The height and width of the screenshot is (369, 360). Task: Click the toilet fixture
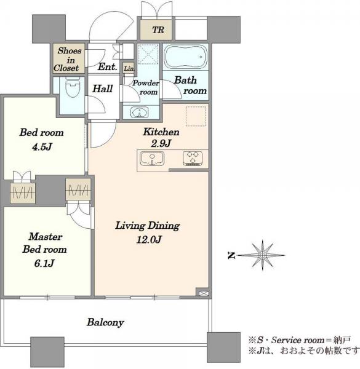73,87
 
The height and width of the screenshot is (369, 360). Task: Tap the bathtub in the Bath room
185,57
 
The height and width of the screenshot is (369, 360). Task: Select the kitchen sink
152,159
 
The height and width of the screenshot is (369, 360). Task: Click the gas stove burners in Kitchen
193,158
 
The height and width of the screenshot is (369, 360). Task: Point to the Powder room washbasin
140,112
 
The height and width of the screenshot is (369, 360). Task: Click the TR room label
158,30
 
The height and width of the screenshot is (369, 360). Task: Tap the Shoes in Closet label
68,59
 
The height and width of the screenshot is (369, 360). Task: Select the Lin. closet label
129,68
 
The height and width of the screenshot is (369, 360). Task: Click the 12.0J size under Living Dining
149,240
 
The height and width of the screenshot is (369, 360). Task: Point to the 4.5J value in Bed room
42,147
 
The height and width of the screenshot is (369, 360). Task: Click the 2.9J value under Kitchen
161,143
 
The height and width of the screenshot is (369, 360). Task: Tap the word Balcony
105,322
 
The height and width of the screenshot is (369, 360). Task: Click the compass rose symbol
262,255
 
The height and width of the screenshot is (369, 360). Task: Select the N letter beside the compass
231,255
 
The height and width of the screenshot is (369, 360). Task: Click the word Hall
102,89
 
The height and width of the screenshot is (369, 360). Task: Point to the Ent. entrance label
107,67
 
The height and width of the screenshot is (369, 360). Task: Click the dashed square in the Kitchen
196,116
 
